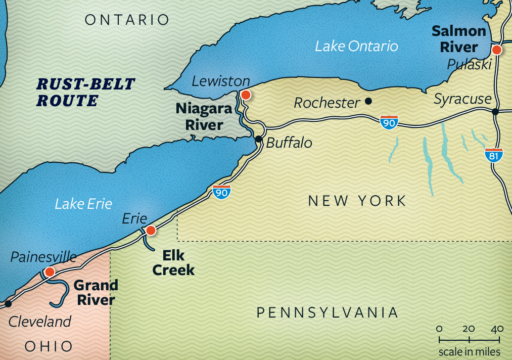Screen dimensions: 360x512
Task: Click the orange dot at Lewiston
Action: coord(246,95)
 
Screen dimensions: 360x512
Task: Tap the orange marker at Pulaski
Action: coord(496,50)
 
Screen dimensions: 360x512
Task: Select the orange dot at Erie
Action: coord(150,231)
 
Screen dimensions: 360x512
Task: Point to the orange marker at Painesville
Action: coord(49,272)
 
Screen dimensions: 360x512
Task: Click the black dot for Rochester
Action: coord(368,101)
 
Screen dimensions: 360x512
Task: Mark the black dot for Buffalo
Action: coord(258,139)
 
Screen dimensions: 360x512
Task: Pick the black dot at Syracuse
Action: coord(495,111)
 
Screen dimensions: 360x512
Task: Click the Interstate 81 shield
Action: coord(493,155)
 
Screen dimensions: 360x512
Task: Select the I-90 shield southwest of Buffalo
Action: coord(221,192)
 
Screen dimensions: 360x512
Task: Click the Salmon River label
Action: coord(458,39)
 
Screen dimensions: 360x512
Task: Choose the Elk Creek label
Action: coord(173,262)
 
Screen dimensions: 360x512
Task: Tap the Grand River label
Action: coord(96,292)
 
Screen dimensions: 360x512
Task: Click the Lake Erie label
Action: coord(83,204)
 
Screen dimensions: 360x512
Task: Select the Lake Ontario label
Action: coord(356,47)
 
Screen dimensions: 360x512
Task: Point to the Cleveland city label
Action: coord(40,321)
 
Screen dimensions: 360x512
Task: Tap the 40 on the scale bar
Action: coord(497,329)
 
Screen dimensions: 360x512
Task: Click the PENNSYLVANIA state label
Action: coord(327,312)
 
